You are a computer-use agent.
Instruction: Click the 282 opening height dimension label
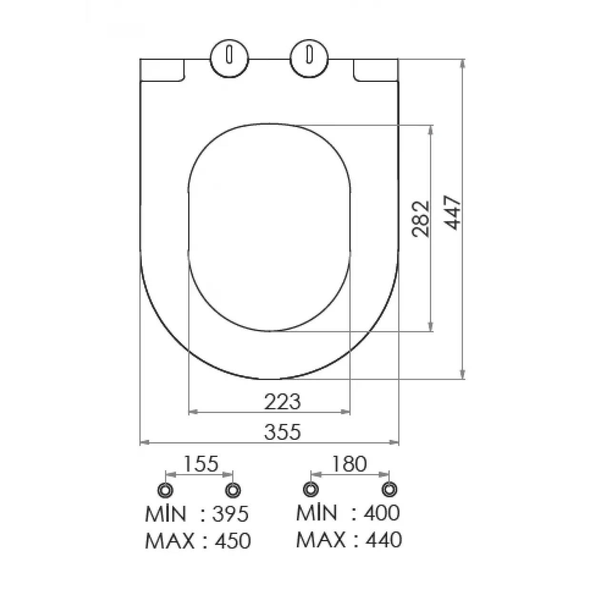click(x=421, y=219)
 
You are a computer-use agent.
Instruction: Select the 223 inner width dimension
click(x=283, y=402)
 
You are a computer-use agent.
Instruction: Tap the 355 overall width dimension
click(x=283, y=432)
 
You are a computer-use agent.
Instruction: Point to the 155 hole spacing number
click(x=201, y=463)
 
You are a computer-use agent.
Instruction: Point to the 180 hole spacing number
click(x=350, y=463)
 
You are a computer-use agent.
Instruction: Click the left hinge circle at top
click(x=229, y=59)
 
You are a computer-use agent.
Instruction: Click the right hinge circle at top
click(x=309, y=59)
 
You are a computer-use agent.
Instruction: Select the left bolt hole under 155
click(x=165, y=489)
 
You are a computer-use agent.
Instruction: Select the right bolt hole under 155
click(x=233, y=489)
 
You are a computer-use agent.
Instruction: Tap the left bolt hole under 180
click(x=311, y=489)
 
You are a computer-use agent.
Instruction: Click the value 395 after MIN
click(x=230, y=514)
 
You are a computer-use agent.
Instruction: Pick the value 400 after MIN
click(x=382, y=513)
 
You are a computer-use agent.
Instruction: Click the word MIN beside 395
click(x=166, y=514)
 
